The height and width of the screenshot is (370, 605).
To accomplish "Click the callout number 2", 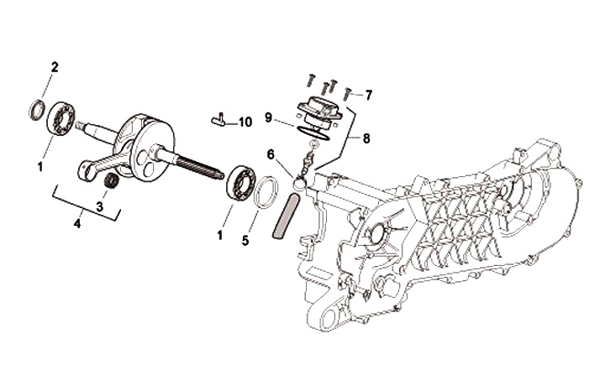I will coord(55,66).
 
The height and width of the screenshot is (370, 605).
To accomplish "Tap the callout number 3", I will coord(99,206).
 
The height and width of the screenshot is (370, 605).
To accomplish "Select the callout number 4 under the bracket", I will coord(76,224).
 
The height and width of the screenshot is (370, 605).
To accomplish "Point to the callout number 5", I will coord(245,240).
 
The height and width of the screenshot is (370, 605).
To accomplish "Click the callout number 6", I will coord(271,154).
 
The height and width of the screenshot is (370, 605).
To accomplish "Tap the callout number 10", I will coord(245,122).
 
